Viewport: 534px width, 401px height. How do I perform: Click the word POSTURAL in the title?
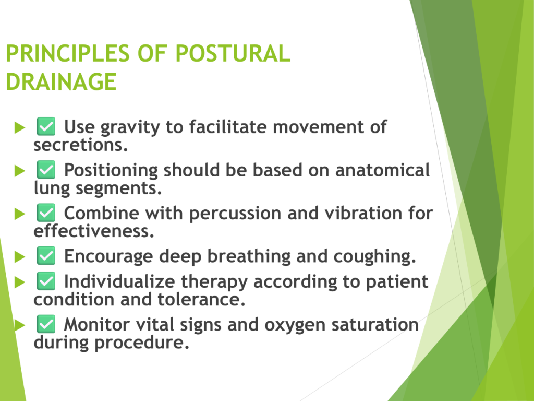click(x=233, y=54)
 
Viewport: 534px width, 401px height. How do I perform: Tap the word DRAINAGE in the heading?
click(x=62, y=82)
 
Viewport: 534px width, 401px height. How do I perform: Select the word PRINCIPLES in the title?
click(x=68, y=54)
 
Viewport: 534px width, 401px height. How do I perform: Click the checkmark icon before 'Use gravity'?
click(x=46, y=126)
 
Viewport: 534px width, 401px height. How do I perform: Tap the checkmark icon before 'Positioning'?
click(x=46, y=170)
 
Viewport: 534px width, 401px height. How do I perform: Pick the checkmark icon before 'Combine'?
click(x=46, y=213)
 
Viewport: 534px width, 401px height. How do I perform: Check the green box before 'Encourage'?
click(x=46, y=256)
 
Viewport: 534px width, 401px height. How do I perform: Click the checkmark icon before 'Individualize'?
click(x=46, y=281)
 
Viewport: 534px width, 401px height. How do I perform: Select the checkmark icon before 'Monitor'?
click(x=46, y=324)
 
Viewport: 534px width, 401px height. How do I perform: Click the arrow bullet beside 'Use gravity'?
click(x=20, y=127)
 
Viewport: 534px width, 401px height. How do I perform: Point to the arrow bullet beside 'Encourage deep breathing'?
click(x=20, y=257)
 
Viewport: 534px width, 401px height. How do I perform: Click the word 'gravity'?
click(x=130, y=128)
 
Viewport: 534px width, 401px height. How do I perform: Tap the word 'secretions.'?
click(x=81, y=145)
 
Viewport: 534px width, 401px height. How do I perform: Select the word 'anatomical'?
click(x=382, y=170)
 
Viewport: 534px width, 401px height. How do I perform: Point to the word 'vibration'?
click(x=363, y=213)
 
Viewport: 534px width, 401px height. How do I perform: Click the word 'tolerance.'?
click(x=201, y=299)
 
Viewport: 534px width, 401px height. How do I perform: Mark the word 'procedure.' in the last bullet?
click(x=142, y=343)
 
